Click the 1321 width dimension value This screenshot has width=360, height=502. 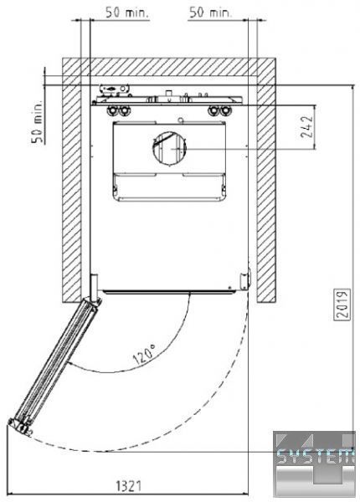pyautogui.click(x=128, y=485)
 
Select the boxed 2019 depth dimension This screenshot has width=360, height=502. pyautogui.click(x=342, y=305)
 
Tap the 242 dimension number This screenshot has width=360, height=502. pyautogui.click(x=306, y=126)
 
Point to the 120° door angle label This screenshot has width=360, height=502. pyautogui.click(x=144, y=355)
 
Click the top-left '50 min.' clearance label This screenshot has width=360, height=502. pyautogui.click(x=127, y=13)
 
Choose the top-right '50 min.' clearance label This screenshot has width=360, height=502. pyautogui.click(x=210, y=13)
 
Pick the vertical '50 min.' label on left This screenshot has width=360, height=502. pyautogui.click(x=37, y=121)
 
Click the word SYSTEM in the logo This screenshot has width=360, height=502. pyautogui.click(x=315, y=457)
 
